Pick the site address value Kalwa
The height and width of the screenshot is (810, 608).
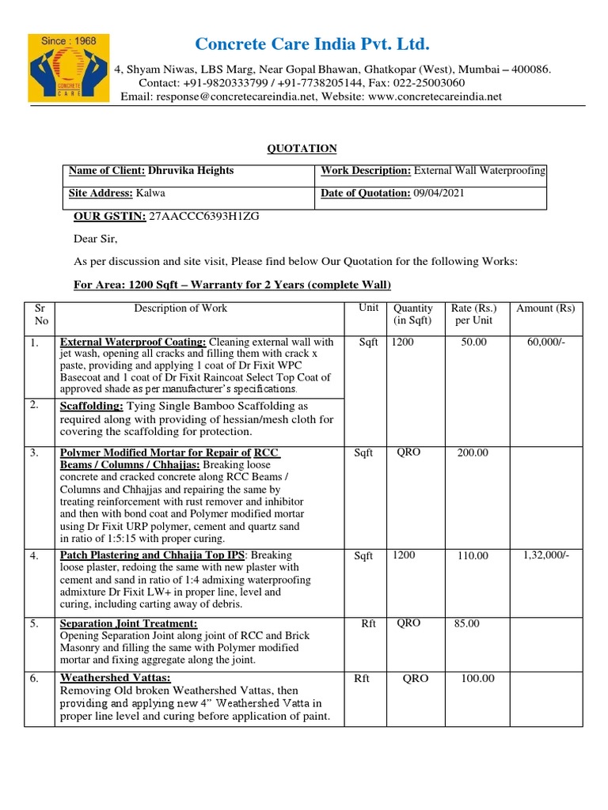coord(151,193)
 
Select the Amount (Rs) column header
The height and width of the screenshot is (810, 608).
coord(545,308)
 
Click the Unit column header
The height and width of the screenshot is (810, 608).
coord(368,308)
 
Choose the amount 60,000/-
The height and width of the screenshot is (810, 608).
coord(545,342)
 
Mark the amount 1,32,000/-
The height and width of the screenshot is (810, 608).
coord(545,555)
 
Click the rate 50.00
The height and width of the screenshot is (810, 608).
coord(473,342)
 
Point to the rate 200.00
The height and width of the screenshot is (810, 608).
coord(473,452)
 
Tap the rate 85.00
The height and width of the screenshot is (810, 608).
coord(467,624)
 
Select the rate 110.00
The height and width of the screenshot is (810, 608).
coord(473,556)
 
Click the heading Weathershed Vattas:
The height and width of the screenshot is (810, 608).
coord(116,678)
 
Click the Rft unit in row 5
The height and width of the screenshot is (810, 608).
coord(368,624)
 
